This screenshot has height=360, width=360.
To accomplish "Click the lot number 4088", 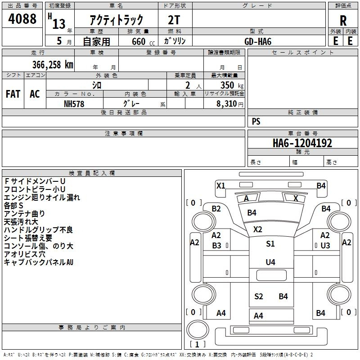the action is pyautogui.click(x=22, y=19).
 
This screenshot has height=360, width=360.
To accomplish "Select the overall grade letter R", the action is pyautogui.click(x=343, y=21).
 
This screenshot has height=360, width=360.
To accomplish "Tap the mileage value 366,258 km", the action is pyautogui.click(x=53, y=65).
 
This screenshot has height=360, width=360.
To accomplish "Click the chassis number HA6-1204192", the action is pyautogui.click(x=302, y=143).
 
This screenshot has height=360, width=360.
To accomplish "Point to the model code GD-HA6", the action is pyautogui.click(x=258, y=41).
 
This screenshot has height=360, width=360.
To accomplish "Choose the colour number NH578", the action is pyautogui.click(x=74, y=104).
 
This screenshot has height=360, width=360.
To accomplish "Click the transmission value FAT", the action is pyautogui.click(x=13, y=94).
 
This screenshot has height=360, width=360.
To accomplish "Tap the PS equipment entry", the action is pyautogui.click(x=256, y=121).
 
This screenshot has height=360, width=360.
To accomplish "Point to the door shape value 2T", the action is pyautogui.click(x=174, y=20).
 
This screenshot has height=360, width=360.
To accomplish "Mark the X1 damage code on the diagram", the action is pyautogui.click(x=221, y=185).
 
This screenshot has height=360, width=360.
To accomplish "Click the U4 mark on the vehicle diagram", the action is pyautogui.click(x=270, y=262).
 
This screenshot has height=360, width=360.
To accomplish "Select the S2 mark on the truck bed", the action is pyautogui.click(x=258, y=297).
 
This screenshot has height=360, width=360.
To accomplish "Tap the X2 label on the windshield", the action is pyautogui.click(x=257, y=229).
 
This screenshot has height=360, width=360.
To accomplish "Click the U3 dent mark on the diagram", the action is pyautogui.click(x=325, y=246).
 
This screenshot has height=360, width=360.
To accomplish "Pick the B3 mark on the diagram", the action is pyautogui.click(x=216, y=246).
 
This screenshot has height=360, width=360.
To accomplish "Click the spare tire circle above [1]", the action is pyautogui.click(x=198, y=329).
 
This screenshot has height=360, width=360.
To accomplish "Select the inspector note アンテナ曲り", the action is pyautogui.click(x=24, y=214).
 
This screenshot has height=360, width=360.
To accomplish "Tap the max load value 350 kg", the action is pyautogui.click(x=232, y=85).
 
